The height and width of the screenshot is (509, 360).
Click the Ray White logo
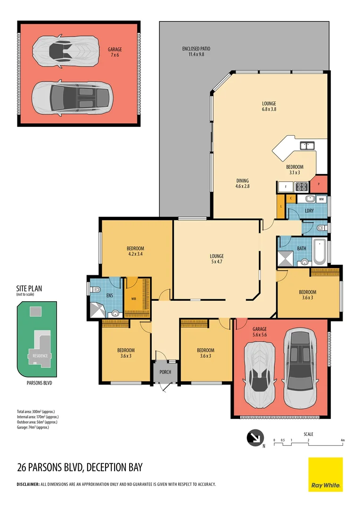coord(326,475)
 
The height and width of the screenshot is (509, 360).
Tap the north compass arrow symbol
coord(254,438)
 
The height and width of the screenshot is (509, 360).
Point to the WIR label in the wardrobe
coord(133,298)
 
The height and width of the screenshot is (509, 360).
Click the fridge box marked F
coord(284,187)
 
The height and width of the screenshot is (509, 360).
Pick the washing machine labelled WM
coord(321,199)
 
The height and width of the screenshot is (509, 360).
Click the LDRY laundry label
coord(310,211)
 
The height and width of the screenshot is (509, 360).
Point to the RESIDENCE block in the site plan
coord(40,355)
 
